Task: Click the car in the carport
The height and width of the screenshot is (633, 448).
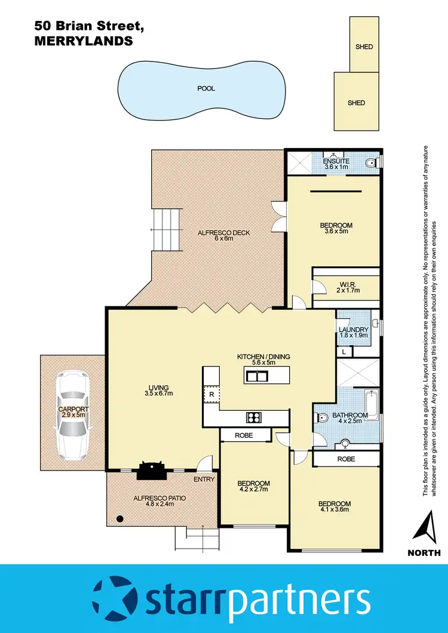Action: tap(73, 416)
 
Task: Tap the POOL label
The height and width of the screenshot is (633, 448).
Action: tap(206, 88)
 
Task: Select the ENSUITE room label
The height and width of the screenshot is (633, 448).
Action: tap(336, 161)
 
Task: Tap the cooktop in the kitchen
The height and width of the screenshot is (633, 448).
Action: tap(253, 417)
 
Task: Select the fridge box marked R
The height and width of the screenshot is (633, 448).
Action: tap(211, 394)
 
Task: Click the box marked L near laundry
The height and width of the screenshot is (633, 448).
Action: tap(345, 352)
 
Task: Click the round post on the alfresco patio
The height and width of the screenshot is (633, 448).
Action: tap(120, 518)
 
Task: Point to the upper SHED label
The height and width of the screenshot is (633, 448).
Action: tap(364, 47)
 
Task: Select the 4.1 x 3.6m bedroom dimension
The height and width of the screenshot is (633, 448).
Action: tap(334, 509)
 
